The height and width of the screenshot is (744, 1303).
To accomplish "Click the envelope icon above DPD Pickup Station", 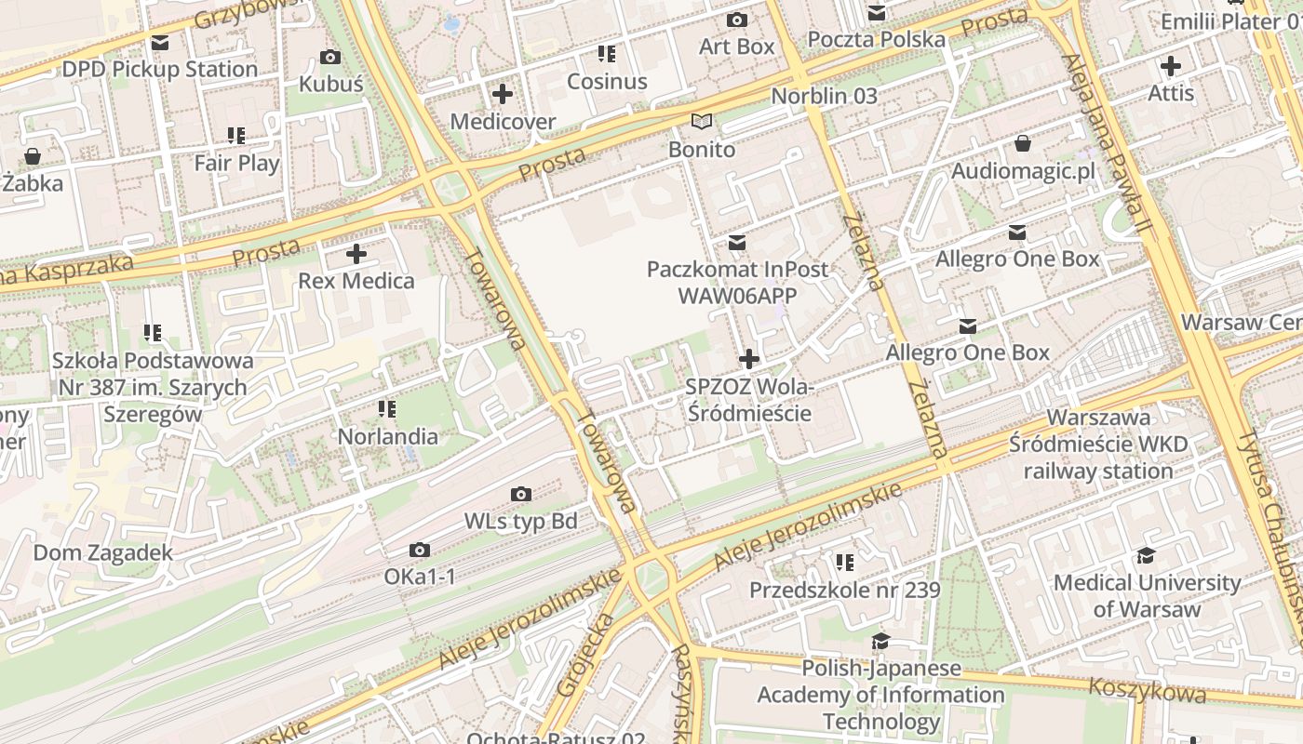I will point(160,43).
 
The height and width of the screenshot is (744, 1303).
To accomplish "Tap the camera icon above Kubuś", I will point(329,58).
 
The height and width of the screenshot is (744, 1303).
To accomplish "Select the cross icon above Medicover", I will point(503,94).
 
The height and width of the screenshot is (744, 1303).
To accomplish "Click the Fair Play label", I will point(236,163).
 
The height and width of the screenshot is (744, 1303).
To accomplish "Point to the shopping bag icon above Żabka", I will point(33,156).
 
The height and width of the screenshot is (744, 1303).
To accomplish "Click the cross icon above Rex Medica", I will point(356,254).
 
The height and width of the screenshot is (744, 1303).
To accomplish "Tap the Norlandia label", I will point(387,436).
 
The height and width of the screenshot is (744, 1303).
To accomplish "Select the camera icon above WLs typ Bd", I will point(521,494).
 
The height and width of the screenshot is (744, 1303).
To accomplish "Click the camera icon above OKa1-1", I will point(420,551).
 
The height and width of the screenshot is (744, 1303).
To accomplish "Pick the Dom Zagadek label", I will point(103,552).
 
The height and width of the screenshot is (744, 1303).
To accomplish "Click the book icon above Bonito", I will point(702,122).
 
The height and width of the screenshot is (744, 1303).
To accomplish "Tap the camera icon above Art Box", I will point(736,20).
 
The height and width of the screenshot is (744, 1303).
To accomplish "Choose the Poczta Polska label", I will point(876,39).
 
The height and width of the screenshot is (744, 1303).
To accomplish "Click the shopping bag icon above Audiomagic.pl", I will point(1022,143).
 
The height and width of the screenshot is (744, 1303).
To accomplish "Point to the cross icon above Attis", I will point(1171,66).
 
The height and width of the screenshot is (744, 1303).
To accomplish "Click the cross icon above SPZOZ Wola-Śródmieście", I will point(749,359).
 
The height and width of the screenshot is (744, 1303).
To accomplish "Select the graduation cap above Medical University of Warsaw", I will point(1146,556).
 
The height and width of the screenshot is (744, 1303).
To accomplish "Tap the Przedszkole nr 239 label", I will point(845,590).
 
